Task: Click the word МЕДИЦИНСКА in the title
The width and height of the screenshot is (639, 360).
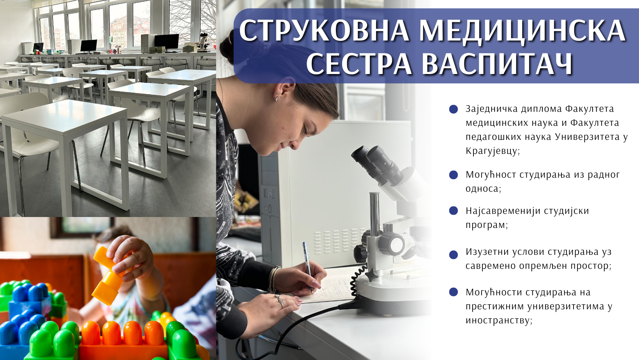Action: click(522, 30)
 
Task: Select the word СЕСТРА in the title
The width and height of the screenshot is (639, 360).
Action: click(359, 64)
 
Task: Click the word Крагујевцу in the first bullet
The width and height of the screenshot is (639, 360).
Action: click(492, 151)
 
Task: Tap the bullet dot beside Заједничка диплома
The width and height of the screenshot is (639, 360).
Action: click(453, 109)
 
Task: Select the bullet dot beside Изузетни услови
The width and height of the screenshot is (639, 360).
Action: click(453, 255)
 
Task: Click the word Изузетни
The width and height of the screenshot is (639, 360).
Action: click(485, 252)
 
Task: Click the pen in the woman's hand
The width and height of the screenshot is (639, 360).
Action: click(308, 268)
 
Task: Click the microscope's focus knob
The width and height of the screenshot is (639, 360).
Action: click(392, 244)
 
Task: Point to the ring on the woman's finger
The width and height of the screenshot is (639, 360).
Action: click(279, 301)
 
